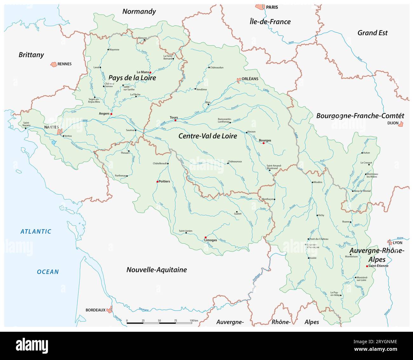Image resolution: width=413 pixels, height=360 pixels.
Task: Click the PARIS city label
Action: coord(272,7)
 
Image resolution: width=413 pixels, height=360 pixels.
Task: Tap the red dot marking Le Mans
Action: coord(150,72)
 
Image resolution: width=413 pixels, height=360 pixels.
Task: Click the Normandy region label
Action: coord(139,11)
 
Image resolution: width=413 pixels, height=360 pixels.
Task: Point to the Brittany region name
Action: coord(31,55)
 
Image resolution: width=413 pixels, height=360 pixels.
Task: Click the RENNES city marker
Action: coord(53,64)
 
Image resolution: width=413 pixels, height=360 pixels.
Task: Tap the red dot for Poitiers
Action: coord(157,182)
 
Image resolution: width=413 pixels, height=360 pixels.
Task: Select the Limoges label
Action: coord(211,240)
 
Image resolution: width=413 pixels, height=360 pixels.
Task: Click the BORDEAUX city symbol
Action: coord(109,310)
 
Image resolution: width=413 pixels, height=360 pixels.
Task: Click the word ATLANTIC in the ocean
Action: coord(36,231)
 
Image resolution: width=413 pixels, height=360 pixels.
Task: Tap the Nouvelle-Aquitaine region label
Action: coord(157,270)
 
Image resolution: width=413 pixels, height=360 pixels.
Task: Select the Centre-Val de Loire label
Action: coord(208,136)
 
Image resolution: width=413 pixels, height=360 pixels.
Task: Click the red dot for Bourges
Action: coord(263,143)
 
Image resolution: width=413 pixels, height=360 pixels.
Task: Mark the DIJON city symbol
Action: coord(401,123)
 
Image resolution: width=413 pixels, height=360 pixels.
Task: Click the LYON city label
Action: coord(397,243)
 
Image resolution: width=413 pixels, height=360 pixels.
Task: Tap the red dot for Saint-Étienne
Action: coord(367,266)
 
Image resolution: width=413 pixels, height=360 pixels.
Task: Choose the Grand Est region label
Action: coord(372,33)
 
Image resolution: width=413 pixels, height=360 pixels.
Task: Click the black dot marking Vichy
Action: coord(317,216)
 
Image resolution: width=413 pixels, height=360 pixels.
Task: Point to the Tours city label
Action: coord(174,117)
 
